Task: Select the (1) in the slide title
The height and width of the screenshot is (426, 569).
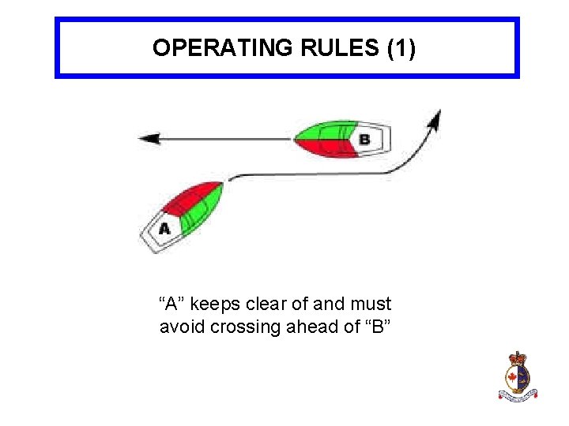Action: click(401, 48)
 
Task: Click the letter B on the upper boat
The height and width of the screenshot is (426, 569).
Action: click(364, 140)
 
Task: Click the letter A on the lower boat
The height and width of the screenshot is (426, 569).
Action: click(164, 230)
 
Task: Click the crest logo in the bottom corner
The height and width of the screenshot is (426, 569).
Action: click(517, 376)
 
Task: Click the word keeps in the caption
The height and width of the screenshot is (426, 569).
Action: click(211, 304)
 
